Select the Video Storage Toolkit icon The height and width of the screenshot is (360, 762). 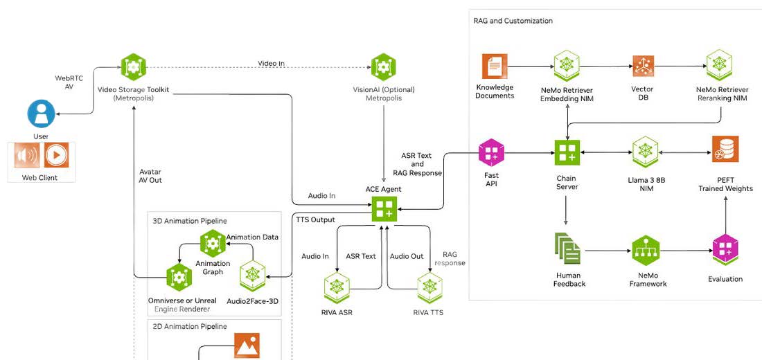(x=134, y=68)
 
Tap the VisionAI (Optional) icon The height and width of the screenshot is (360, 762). (x=384, y=68)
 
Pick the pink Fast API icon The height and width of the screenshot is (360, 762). (x=491, y=152)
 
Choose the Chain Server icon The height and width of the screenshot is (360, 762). (x=567, y=152)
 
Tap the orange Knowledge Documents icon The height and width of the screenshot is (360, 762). (x=495, y=66)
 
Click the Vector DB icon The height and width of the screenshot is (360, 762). (x=642, y=66)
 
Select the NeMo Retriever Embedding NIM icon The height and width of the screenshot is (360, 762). (x=566, y=66)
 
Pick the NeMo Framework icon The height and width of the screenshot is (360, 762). (x=646, y=250)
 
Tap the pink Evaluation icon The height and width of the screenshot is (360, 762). (x=725, y=250)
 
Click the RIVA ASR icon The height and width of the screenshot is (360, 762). (x=337, y=287)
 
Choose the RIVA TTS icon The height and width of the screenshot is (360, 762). (x=428, y=287)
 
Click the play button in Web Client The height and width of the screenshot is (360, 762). (x=57, y=155)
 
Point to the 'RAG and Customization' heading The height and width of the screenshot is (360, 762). (x=513, y=21)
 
